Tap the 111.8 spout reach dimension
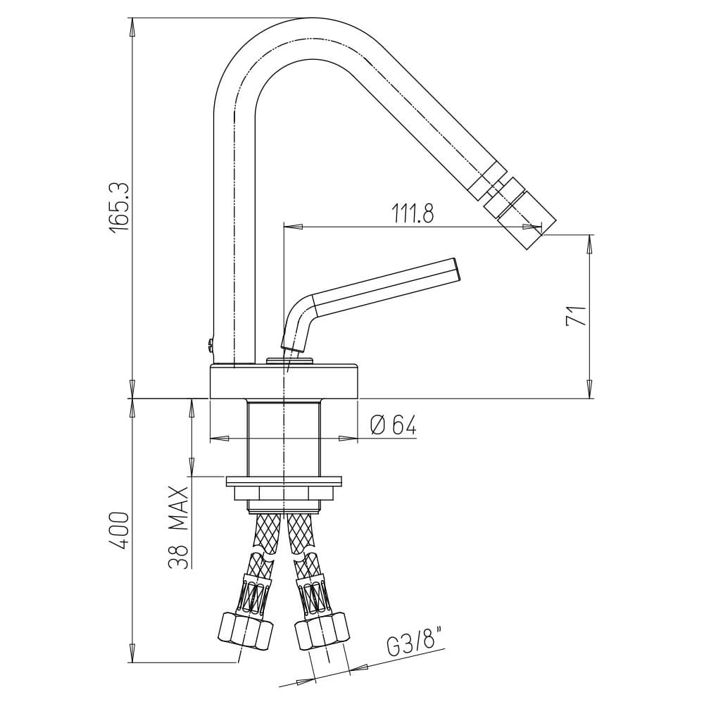click(413, 213)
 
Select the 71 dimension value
click(576, 315)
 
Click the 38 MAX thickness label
click(179, 527)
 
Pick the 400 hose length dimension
click(120, 530)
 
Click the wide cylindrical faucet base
click(284, 381)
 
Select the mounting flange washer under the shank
click(284, 481)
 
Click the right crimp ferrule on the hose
click(312, 593)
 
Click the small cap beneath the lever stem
click(290, 361)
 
